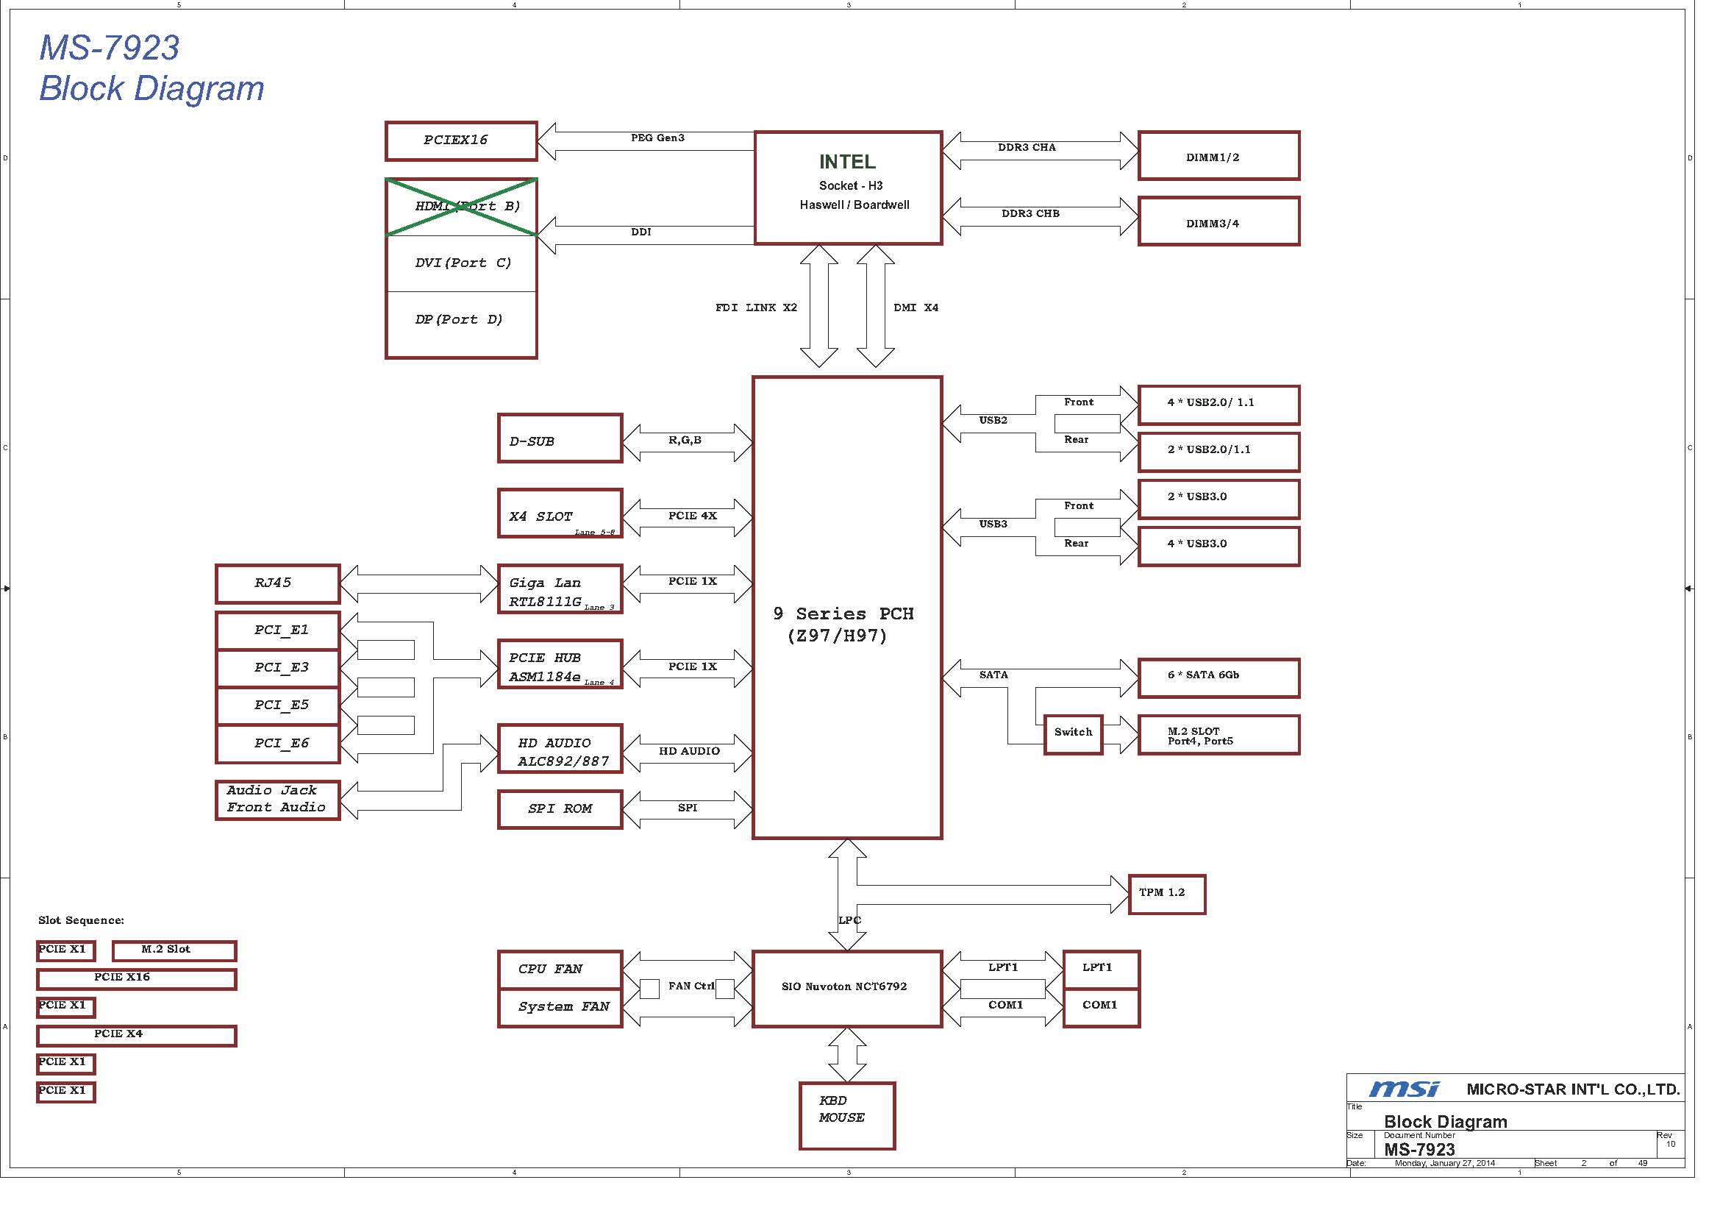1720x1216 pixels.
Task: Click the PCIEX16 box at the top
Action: tap(461, 141)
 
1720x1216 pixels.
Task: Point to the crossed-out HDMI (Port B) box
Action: tap(461, 207)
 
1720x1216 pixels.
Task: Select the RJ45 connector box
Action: tap(277, 583)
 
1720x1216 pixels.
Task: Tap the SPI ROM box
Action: tap(560, 809)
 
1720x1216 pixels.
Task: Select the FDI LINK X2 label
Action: tap(756, 307)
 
